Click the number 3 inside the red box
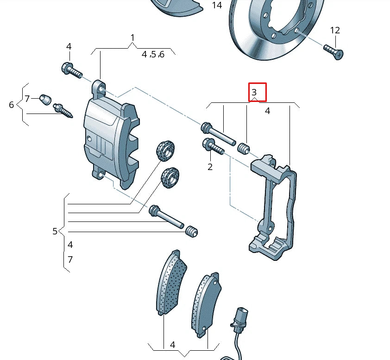pyautogui.click(x=254, y=93)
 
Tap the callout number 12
pyautogui.click(x=335, y=31)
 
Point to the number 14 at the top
pyautogui.click(x=217, y=6)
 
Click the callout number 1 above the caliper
pyautogui.click(x=132, y=38)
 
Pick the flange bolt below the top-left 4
pyautogui.click(x=71, y=70)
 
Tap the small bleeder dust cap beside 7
pyautogui.click(x=45, y=99)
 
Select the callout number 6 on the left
pyautogui.click(x=12, y=105)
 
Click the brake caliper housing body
pyautogui.click(x=109, y=139)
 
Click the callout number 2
pyautogui.click(x=210, y=167)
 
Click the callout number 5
pyautogui.click(x=55, y=231)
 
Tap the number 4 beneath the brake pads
pyautogui.click(x=172, y=345)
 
